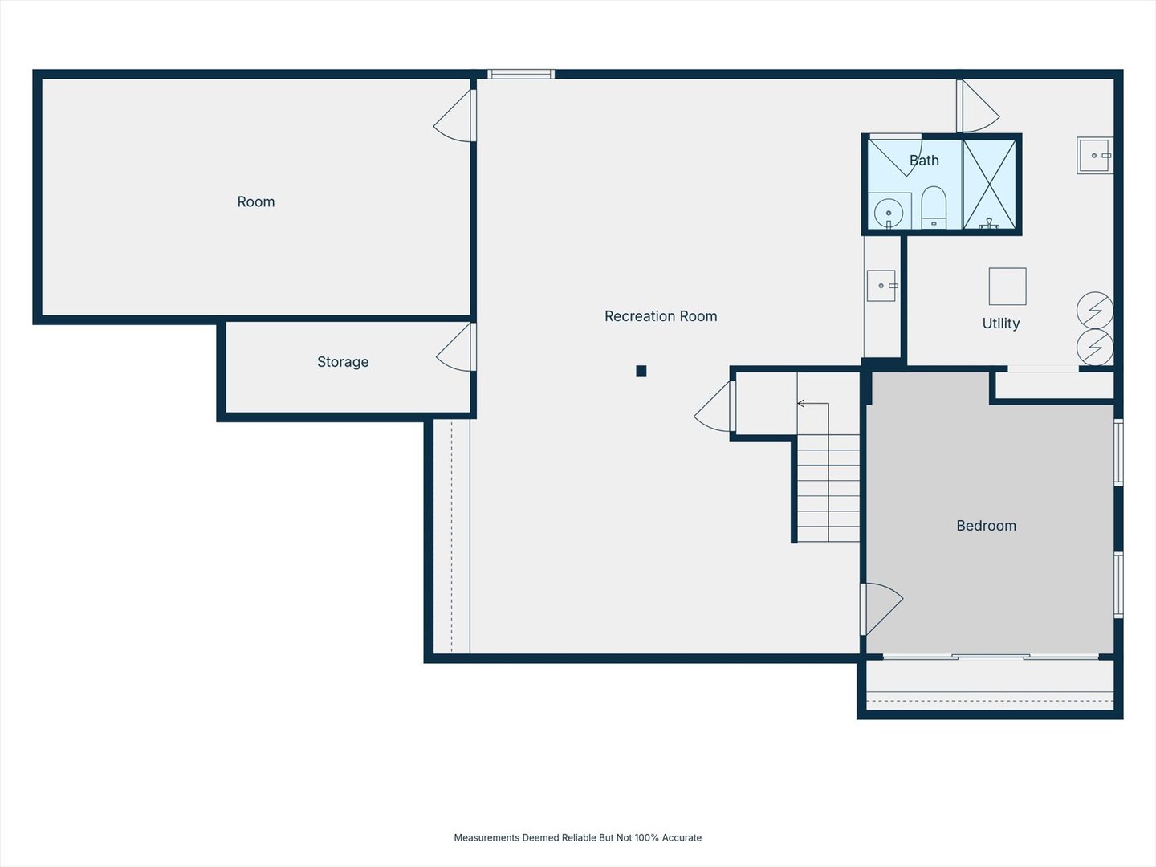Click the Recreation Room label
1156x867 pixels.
tap(661, 316)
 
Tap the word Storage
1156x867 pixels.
tap(343, 362)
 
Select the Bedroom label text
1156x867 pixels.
tap(986, 526)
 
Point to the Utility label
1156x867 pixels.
tap(1000, 324)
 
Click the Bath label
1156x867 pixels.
tap(924, 161)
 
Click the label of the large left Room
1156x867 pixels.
tap(256, 202)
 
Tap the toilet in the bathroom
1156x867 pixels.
tap(934, 207)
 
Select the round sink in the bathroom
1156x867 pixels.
tap(889, 213)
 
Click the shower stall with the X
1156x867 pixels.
tap(990, 185)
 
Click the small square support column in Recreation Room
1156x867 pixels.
tap(641, 371)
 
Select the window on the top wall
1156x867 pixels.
tap(521, 74)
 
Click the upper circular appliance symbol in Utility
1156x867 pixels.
tap(1095, 311)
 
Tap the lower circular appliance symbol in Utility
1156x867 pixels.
tap(1095, 348)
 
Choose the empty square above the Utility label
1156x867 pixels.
tap(1007, 287)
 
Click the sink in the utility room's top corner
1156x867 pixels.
tap(1095, 155)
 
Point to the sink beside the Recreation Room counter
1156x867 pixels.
tap(881, 286)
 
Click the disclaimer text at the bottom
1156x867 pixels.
tap(578, 837)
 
